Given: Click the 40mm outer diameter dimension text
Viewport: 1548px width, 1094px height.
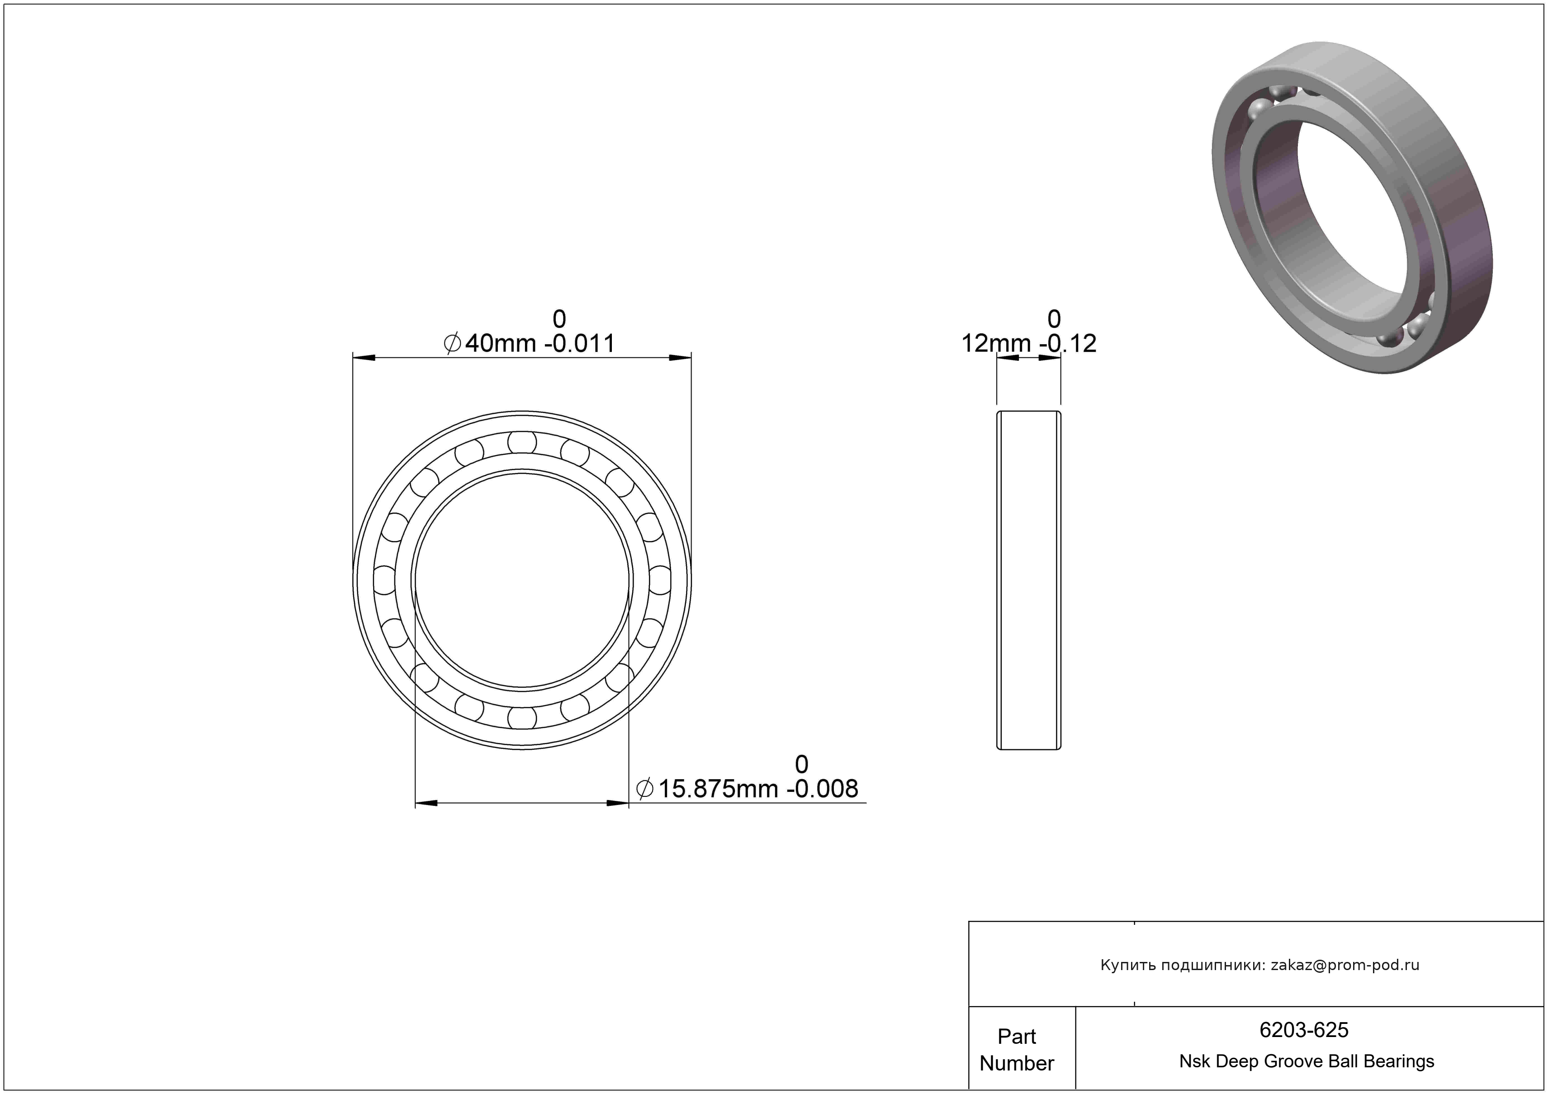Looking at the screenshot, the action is (x=529, y=343).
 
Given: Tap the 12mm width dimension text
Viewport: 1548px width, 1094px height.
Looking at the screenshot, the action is (x=1029, y=343).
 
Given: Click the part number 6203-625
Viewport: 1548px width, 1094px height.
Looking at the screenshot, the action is (x=1304, y=1030).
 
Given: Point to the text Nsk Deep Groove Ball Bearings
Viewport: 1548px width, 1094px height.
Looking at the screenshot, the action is (x=1307, y=1061).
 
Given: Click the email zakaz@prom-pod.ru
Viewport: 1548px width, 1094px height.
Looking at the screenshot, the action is (x=1345, y=965).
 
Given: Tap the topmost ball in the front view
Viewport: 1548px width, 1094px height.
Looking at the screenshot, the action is (x=522, y=443).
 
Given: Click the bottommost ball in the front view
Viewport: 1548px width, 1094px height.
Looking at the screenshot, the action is (x=522, y=718).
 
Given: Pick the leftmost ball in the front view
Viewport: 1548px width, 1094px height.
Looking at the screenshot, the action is (x=384, y=580).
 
